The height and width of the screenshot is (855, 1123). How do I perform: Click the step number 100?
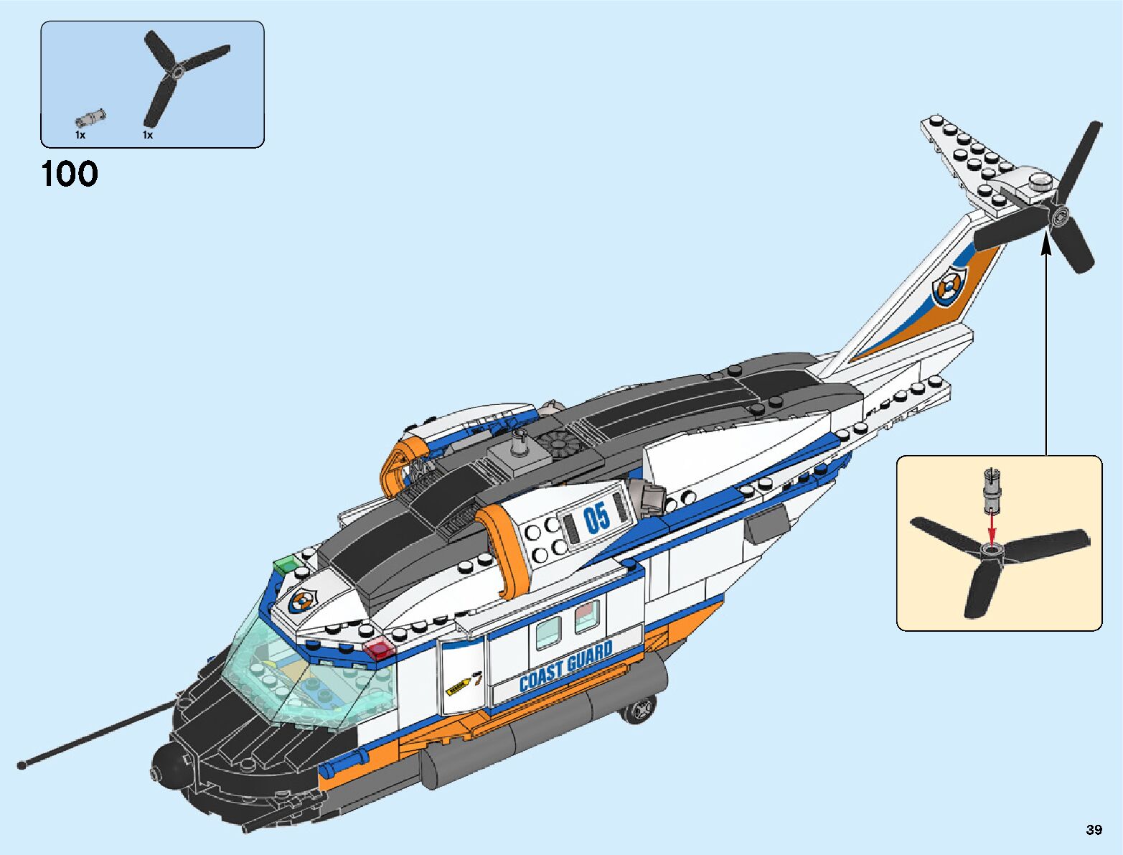[70, 174]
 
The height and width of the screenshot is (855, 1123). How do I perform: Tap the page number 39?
[1094, 830]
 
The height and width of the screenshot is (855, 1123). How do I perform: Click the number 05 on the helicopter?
[596, 518]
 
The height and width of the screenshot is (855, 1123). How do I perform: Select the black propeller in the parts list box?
[178, 75]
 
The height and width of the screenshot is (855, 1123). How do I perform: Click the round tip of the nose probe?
[22, 764]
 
